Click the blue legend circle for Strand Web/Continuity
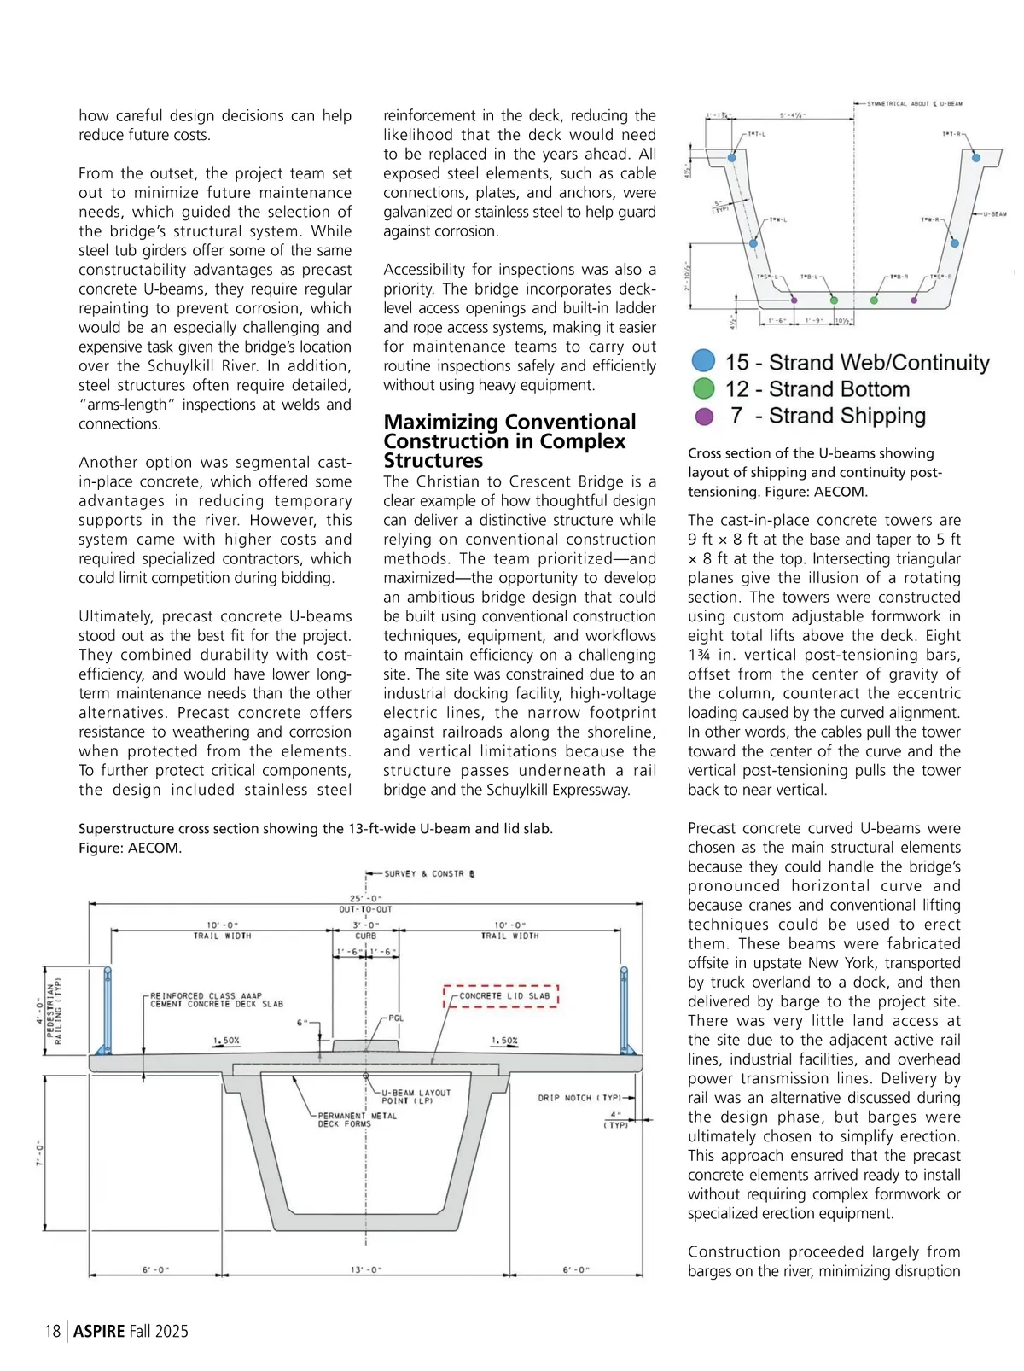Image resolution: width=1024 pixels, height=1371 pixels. click(x=703, y=361)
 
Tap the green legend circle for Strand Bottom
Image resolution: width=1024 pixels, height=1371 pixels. click(x=703, y=388)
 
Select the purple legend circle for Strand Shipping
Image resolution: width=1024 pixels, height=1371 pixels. click(x=703, y=416)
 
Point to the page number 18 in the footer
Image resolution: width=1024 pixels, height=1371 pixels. click(x=53, y=1331)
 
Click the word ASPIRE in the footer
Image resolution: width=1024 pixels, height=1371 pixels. click(x=99, y=1331)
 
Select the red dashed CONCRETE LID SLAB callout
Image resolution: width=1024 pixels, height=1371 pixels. click(x=501, y=996)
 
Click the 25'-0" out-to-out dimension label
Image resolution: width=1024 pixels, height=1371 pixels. click(x=366, y=899)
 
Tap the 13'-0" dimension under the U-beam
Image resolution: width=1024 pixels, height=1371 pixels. click(x=366, y=1269)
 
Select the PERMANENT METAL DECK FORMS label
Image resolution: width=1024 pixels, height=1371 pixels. click(x=357, y=1119)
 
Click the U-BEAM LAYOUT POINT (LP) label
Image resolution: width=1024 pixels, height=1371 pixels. click(x=416, y=1096)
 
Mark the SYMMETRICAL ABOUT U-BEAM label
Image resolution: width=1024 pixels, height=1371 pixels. click(x=914, y=104)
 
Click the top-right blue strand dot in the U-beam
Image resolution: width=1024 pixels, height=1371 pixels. click(x=976, y=157)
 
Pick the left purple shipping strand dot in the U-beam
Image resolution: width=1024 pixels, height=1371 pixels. click(x=794, y=300)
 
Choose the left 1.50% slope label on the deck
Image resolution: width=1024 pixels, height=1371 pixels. click(x=226, y=1041)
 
